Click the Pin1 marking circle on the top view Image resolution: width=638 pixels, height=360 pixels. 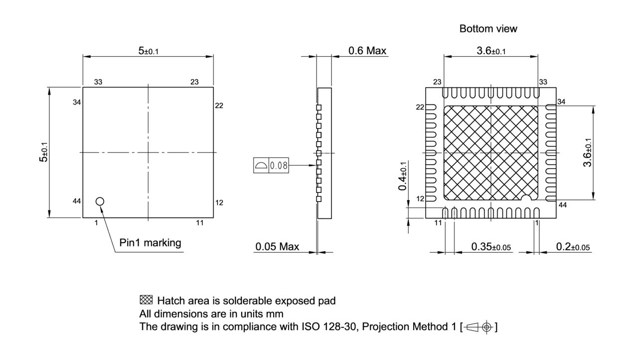click(x=100, y=201)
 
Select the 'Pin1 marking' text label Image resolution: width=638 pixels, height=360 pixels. click(x=150, y=243)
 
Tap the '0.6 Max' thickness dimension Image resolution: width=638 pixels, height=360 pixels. click(x=367, y=50)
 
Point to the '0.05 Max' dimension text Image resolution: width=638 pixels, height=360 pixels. click(x=277, y=246)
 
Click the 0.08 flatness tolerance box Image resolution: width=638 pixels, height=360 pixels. click(x=278, y=166)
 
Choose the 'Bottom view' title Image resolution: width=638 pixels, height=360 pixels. click(x=488, y=29)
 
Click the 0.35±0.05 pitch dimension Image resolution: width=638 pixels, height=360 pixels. click(x=491, y=247)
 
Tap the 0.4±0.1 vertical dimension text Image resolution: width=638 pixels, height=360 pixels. click(x=403, y=176)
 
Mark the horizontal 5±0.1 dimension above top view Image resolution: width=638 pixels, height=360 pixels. click(x=148, y=50)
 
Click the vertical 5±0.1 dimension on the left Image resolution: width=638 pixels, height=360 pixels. click(x=44, y=152)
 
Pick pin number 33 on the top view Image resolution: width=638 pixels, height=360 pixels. click(x=98, y=82)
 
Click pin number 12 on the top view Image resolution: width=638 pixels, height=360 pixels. click(x=219, y=202)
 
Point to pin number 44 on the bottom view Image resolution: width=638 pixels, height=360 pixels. click(x=562, y=205)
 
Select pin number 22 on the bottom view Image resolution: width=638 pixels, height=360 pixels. click(x=420, y=107)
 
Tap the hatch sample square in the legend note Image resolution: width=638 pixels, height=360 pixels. click(x=146, y=300)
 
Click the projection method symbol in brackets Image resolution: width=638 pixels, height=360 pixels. click(x=478, y=327)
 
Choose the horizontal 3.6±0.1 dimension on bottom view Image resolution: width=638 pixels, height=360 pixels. click(x=491, y=50)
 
